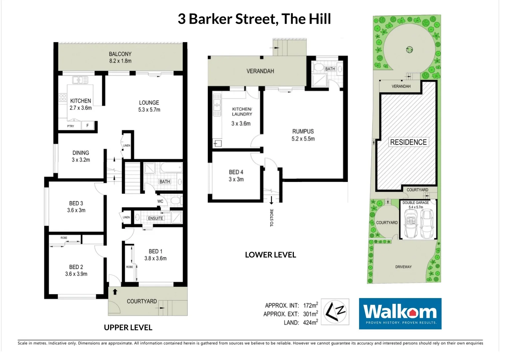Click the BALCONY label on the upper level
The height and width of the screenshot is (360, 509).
click(120, 54)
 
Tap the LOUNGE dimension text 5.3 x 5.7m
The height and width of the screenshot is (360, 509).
click(149, 110)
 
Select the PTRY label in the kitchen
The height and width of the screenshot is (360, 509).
click(71, 126)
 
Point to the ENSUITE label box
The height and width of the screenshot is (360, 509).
click(156, 218)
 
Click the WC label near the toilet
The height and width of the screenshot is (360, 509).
click(160, 201)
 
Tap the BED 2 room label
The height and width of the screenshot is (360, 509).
click(76, 267)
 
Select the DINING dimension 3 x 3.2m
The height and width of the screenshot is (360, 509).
click(81, 160)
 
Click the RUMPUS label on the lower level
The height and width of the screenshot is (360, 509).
click(303, 131)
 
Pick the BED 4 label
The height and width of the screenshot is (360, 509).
click(236, 172)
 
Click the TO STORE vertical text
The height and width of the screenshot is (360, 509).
click(272, 218)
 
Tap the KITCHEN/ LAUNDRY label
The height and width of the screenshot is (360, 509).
click(242, 111)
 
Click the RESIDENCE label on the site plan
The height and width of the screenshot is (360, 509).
click(408, 142)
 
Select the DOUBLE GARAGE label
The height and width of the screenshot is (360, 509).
click(415, 203)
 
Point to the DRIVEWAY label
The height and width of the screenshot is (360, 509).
click(403, 267)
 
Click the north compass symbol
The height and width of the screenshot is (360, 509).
click(336, 312)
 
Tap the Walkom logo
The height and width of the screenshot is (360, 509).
click(400, 313)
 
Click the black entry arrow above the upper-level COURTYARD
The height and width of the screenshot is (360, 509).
click(115, 292)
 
